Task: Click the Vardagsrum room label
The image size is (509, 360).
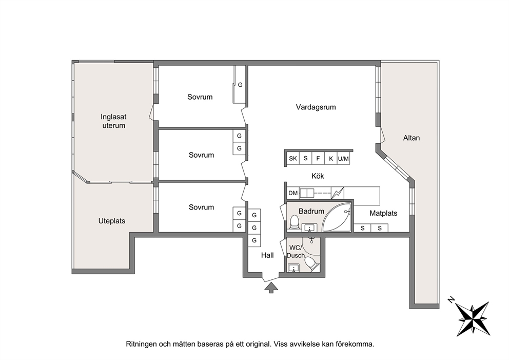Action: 316,107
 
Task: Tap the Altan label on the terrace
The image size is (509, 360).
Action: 412,138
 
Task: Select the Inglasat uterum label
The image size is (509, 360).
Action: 113,121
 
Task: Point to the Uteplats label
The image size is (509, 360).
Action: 112,221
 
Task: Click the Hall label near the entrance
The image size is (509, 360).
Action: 267,255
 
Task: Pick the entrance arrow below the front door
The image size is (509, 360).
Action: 271,288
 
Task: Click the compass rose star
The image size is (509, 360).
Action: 473,318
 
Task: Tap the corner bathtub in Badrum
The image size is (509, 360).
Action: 336,217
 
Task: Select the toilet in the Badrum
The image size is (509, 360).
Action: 295,222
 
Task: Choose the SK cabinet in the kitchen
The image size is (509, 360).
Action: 293,159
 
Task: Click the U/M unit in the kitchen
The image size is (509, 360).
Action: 343,159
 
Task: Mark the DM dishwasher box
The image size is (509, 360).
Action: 293,193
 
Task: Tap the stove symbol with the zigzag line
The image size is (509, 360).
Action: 337,193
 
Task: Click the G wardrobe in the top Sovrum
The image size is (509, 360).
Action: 240,85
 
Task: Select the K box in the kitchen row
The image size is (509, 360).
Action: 331,159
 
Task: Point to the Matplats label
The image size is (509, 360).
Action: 383,214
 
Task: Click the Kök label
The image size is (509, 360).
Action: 318,176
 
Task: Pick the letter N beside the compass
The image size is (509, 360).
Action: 451,299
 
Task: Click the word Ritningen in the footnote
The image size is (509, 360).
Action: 141,344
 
